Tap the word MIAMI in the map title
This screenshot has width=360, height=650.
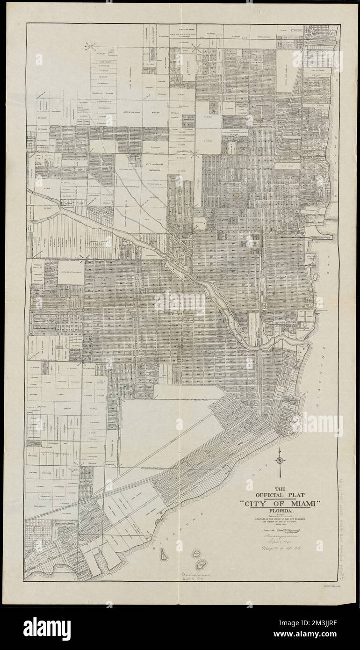[299, 504]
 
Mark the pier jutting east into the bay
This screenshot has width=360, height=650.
[323, 236]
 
